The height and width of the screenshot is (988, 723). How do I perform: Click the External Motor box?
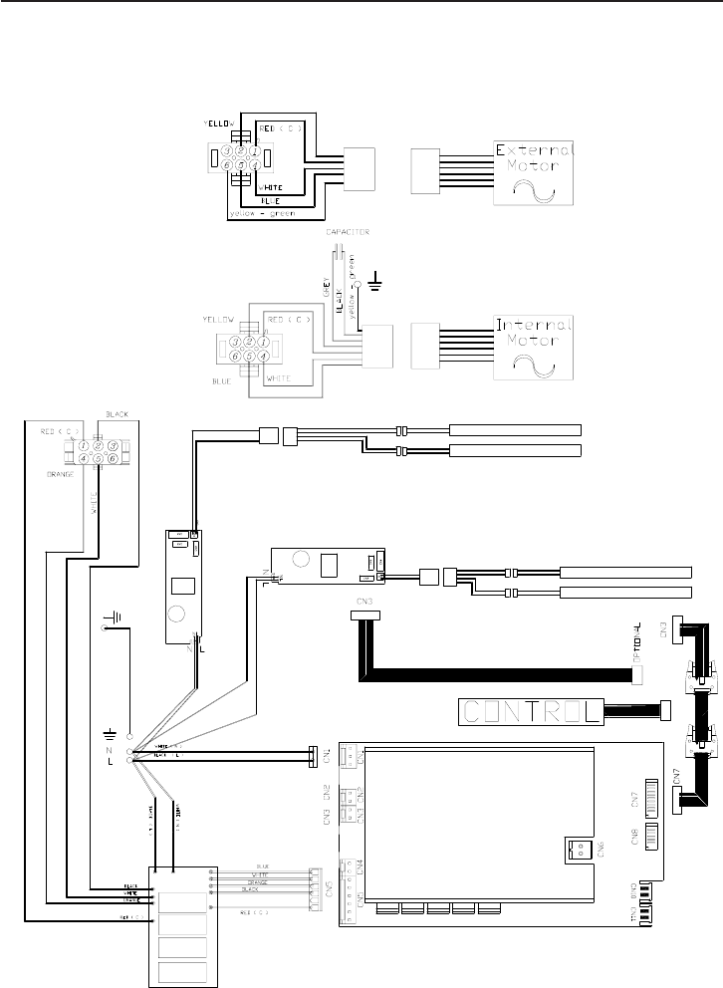[535, 171]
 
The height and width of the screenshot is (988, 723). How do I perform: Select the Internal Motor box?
[535, 349]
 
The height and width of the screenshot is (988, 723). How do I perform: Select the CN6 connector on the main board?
[576, 848]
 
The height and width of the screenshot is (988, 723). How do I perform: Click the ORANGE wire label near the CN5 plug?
[256, 882]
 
